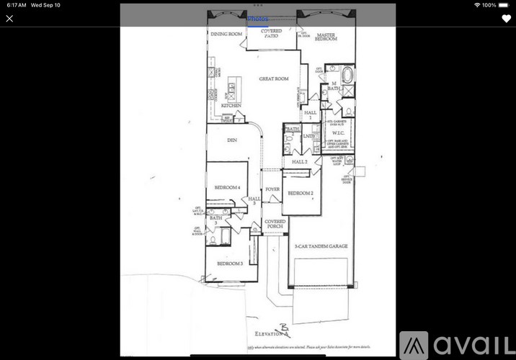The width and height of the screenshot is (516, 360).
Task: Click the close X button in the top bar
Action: (9, 19)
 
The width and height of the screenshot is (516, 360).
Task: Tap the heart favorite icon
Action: (506, 19)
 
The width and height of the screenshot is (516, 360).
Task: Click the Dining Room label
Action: (226, 33)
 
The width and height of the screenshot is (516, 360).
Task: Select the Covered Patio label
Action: (272, 33)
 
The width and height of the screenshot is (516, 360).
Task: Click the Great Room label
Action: (274, 78)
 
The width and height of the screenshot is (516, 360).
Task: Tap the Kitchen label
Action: (231, 106)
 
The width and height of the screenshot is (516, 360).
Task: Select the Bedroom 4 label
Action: (227, 187)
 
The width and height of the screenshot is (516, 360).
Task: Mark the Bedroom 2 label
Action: (301, 193)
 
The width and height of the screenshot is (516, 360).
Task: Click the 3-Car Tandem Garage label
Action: (322, 246)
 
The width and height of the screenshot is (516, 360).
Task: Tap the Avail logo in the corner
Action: (456, 345)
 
